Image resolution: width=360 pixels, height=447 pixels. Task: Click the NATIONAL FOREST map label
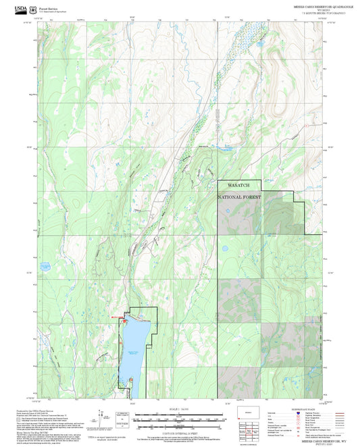point(240,197)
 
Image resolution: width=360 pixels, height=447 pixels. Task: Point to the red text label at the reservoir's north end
point(118,317)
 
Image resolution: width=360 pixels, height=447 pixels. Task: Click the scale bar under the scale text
point(179,417)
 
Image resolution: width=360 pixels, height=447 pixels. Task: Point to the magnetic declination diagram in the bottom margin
point(122,419)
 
